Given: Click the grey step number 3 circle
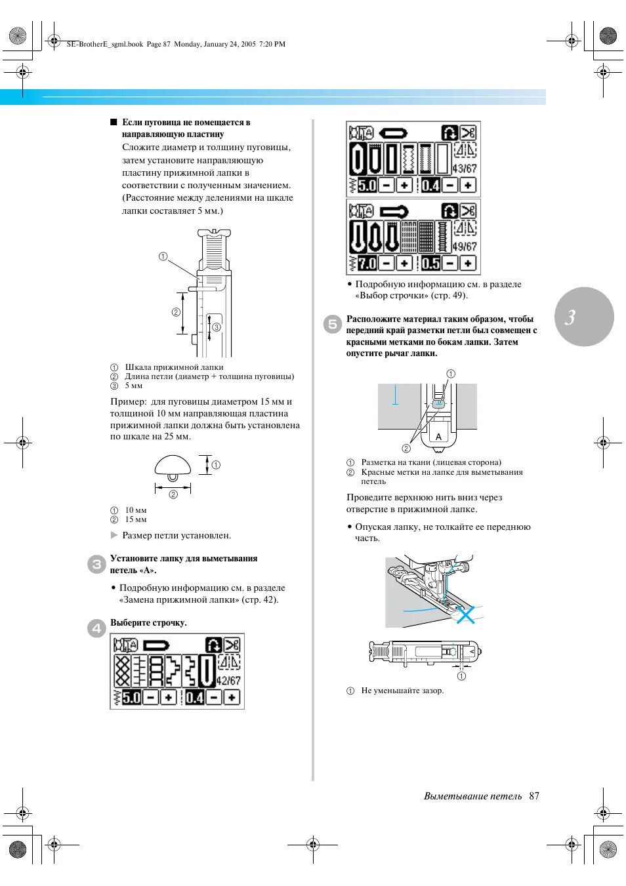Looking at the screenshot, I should (x=96, y=564).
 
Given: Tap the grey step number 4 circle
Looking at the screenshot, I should (x=96, y=628).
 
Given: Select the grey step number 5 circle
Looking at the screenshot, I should (x=333, y=324).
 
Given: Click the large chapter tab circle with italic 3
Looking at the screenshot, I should (x=584, y=317).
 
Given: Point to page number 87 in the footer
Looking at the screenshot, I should (x=534, y=796).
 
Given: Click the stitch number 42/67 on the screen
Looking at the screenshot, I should (x=228, y=681).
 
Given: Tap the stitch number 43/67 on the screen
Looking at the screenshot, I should (x=465, y=169).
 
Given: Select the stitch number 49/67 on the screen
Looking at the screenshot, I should (x=465, y=247).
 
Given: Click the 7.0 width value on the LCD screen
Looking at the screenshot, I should (x=367, y=264).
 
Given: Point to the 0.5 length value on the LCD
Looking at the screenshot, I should (x=430, y=264).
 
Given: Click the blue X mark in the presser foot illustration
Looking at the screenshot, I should (x=465, y=614).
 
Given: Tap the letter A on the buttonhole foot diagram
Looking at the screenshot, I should (x=438, y=436).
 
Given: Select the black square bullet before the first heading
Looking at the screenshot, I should (x=114, y=122).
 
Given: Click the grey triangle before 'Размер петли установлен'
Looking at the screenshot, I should (x=114, y=535).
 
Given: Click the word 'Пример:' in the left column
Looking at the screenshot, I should (x=129, y=401).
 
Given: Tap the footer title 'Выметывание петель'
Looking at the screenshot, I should (x=472, y=796).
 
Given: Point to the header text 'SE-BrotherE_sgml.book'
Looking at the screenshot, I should (x=105, y=44).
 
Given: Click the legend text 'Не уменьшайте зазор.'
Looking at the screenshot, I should (x=402, y=691).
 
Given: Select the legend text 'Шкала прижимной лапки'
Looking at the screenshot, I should (x=174, y=367).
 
